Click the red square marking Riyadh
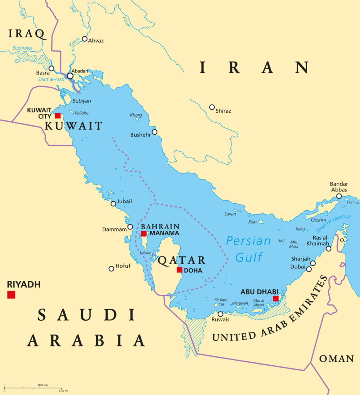coord(11,295)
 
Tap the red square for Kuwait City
coord(57,116)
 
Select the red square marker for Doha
coord(179,270)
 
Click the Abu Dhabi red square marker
coord(275,298)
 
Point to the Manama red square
coord(144,234)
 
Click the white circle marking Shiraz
coord(212,107)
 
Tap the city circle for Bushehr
coord(154,132)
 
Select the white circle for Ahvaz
coord(85,39)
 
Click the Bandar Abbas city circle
coord(339,196)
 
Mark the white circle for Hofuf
coord(112,268)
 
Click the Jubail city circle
coord(113,204)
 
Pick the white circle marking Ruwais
coord(220,314)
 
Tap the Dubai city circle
coord(309,269)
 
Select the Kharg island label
coord(136,115)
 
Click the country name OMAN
coord(336,359)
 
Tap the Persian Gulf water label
coord(248,249)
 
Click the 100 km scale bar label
coord(42,385)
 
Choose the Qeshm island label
coord(318,220)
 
